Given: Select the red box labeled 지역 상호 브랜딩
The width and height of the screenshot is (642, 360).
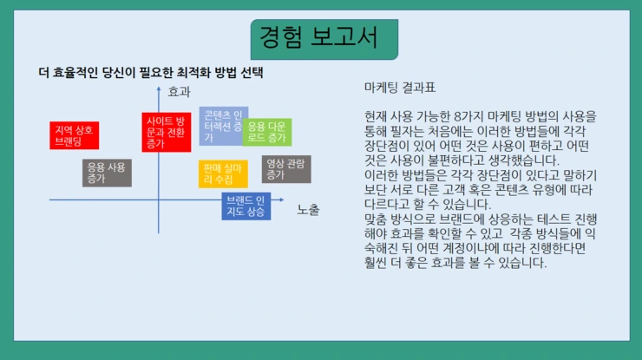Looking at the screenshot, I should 75,135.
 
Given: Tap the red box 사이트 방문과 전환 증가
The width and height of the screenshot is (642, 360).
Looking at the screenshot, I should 166,132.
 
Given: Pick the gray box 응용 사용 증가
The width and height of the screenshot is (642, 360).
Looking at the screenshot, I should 107,173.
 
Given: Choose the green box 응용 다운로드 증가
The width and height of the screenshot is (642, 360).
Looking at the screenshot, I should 267,132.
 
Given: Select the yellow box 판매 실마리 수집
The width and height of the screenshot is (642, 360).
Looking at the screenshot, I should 223,173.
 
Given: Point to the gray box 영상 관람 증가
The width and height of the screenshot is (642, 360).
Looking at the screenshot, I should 286,169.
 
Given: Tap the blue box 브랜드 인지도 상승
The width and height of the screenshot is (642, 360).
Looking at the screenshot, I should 246,206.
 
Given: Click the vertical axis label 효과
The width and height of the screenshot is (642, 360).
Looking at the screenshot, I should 179,91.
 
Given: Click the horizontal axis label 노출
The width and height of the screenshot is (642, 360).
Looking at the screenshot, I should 309,209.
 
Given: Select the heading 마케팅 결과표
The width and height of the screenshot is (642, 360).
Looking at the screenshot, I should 400,88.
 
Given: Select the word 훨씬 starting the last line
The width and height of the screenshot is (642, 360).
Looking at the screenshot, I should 377,263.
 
